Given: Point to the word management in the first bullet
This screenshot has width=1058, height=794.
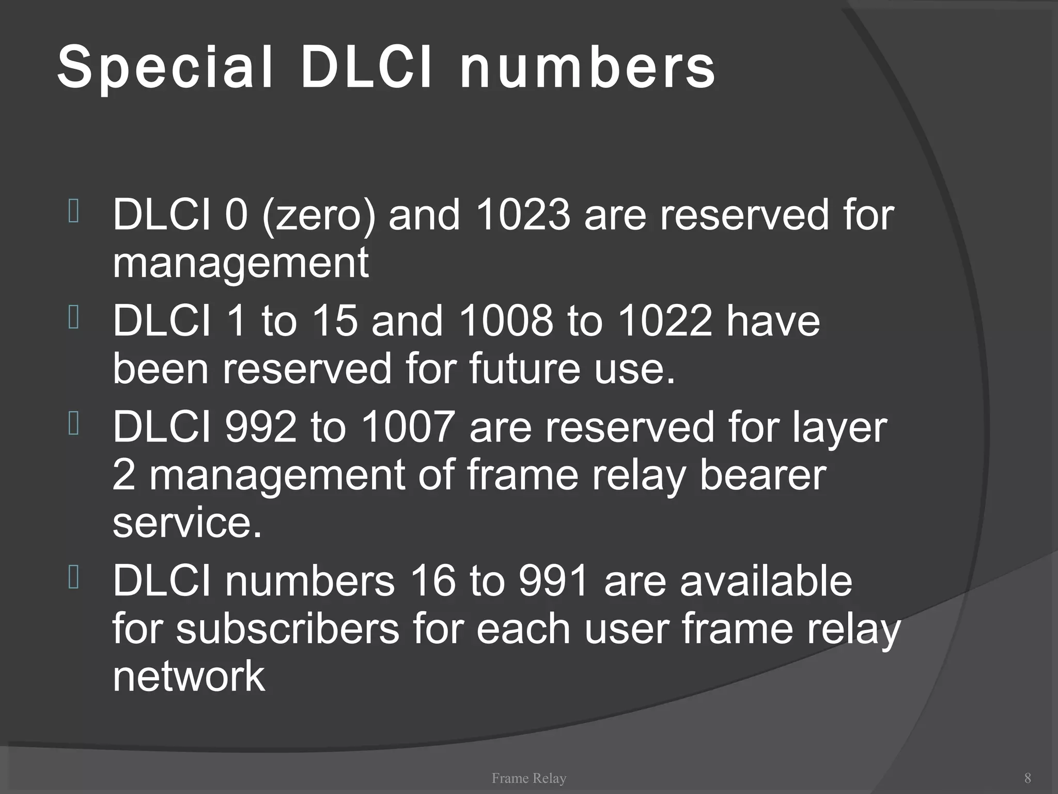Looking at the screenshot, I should click(x=241, y=263).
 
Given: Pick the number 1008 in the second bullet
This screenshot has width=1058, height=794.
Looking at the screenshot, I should click(x=506, y=321).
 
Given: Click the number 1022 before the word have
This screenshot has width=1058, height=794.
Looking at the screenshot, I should click(x=664, y=321).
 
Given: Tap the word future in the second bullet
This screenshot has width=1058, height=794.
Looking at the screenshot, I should click(x=525, y=369).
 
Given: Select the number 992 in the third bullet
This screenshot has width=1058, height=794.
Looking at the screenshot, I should click(x=261, y=427).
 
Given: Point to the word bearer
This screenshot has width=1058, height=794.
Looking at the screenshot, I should click(x=763, y=475).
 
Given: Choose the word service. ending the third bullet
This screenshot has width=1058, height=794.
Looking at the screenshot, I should click(x=187, y=523).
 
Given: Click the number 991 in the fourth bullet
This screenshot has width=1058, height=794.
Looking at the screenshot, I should click(x=554, y=582).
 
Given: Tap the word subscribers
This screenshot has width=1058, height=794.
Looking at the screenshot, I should click(x=288, y=629).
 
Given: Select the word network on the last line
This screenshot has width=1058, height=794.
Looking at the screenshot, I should click(x=189, y=677).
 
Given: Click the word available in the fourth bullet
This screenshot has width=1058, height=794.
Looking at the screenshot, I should click(x=766, y=582).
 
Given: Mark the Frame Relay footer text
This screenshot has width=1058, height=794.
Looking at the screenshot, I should click(x=529, y=778).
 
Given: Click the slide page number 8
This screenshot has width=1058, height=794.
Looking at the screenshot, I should click(x=1028, y=778).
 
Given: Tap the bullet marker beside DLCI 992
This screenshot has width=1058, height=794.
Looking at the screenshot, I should click(x=73, y=424).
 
